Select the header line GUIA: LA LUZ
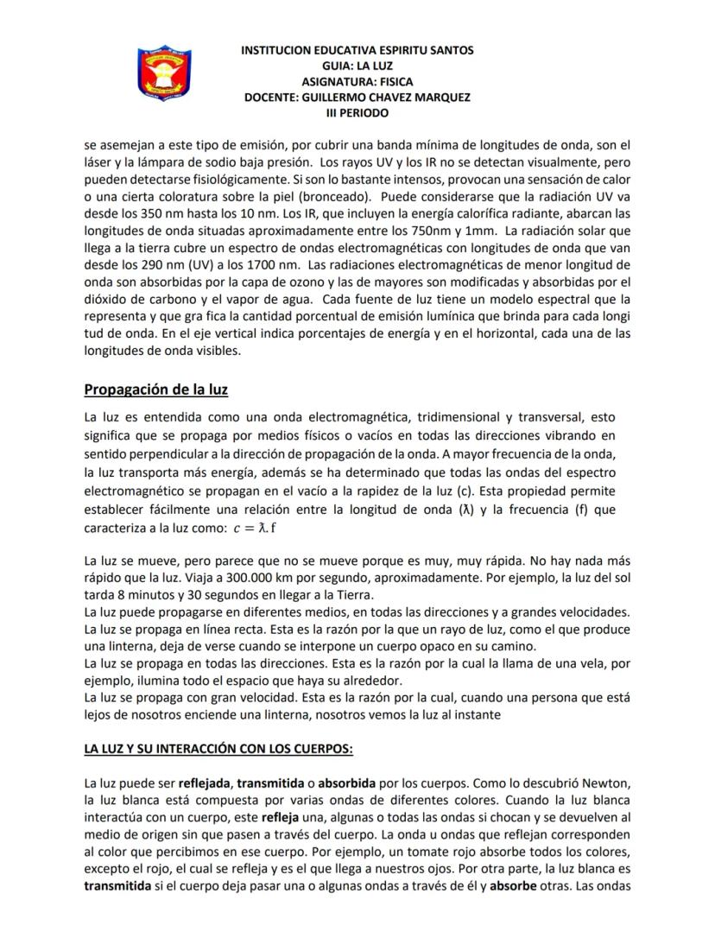(357, 66)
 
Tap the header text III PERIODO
(357, 113)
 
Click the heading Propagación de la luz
(155, 390)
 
